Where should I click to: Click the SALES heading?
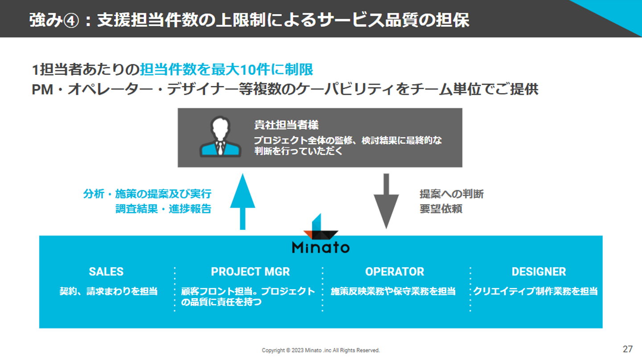(106, 271)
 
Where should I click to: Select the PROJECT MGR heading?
(250, 271)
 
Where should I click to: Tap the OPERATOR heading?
(395, 271)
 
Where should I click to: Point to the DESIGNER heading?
(539, 271)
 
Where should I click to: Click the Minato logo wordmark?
(321, 247)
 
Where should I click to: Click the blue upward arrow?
(243, 201)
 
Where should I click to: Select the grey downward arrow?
(386, 201)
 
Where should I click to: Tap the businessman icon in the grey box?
(220, 137)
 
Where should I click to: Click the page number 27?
(628, 349)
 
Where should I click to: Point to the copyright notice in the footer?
(321, 350)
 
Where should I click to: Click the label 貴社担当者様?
(286, 125)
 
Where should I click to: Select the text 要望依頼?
(441, 209)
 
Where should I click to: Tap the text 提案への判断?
(451, 194)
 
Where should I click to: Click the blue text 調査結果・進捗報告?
(163, 209)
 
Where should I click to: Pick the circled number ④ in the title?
(70, 21)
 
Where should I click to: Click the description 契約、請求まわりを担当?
(108, 291)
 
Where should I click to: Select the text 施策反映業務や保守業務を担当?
(393, 291)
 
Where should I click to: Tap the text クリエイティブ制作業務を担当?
(535, 291)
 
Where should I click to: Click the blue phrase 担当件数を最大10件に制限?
(226, 70)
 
